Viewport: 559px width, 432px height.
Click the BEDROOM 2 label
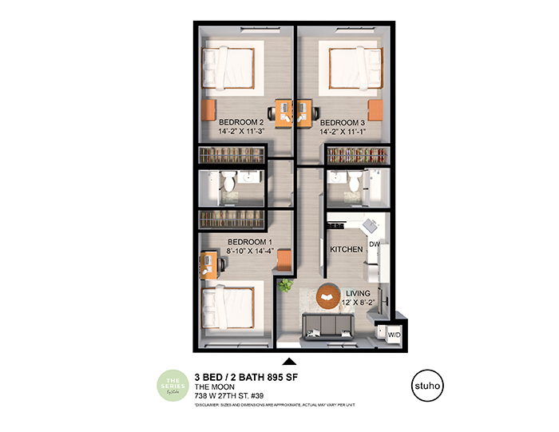(x=242, y=123)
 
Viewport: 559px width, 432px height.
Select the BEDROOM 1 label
(x=250, y=242)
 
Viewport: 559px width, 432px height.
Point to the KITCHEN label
(x=347, y=250)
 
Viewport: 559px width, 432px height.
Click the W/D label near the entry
(x=394, y=335)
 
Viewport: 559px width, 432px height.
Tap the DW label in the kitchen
(x=374, y=245)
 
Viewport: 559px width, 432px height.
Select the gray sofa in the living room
(x=328, y=326)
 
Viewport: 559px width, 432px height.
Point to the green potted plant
(x=286, y=285)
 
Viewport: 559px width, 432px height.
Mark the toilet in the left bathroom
(x=228, y=184)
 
